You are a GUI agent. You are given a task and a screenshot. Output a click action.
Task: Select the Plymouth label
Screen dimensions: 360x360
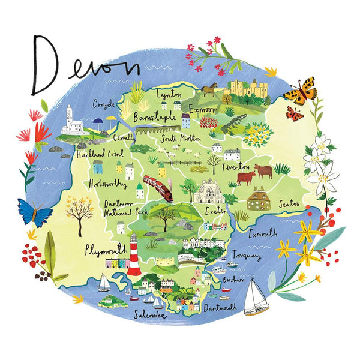[x=106, y=248]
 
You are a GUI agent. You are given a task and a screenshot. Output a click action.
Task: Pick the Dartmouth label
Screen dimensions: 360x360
[x=221, y=308]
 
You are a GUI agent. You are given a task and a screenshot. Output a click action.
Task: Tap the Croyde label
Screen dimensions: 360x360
[x=104, y=104]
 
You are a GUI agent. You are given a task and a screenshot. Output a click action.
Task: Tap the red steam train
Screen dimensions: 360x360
[x=160, y=188]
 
